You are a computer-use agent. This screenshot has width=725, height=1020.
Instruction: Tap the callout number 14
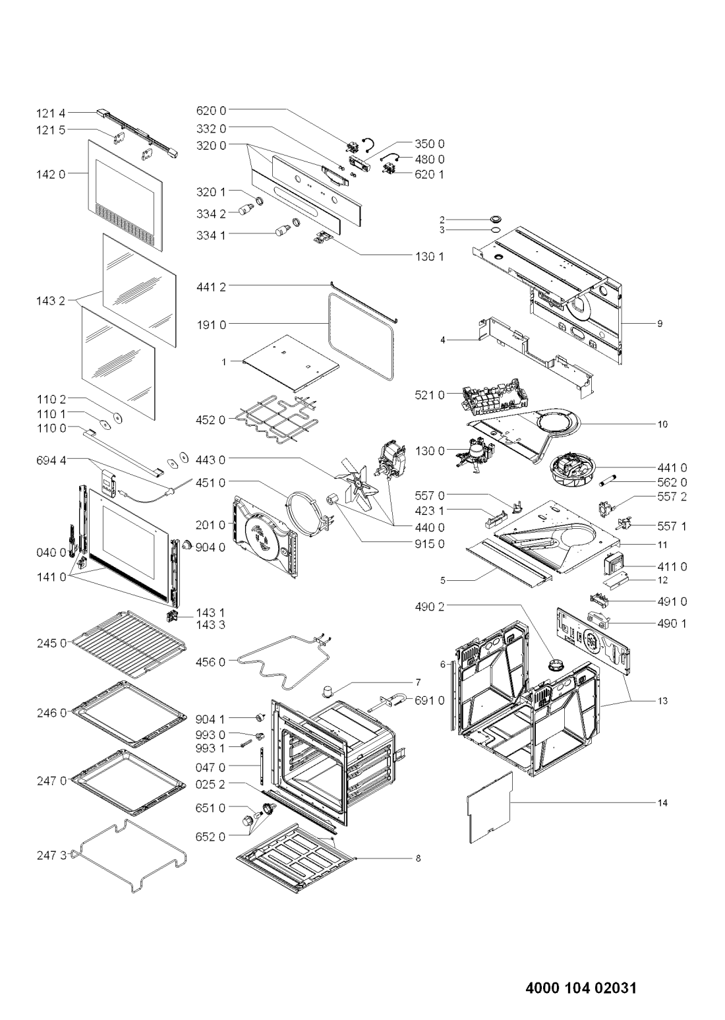coord(662,802)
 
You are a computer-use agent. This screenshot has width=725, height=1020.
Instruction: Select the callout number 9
coord(658,324)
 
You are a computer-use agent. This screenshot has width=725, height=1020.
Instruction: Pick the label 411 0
coord(672,566)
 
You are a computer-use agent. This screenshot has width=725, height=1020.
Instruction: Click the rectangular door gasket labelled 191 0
coord(362,336)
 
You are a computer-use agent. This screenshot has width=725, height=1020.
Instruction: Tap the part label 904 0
coord(210,546)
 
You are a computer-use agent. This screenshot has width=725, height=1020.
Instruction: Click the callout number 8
coord(417,858)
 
